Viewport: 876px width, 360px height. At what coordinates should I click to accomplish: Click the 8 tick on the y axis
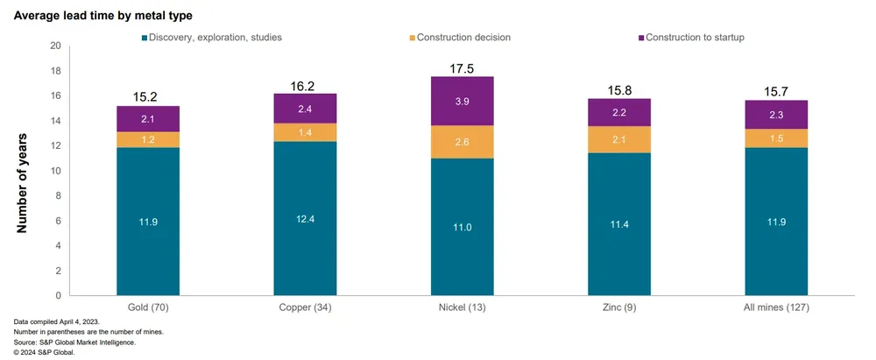[58, 196]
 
